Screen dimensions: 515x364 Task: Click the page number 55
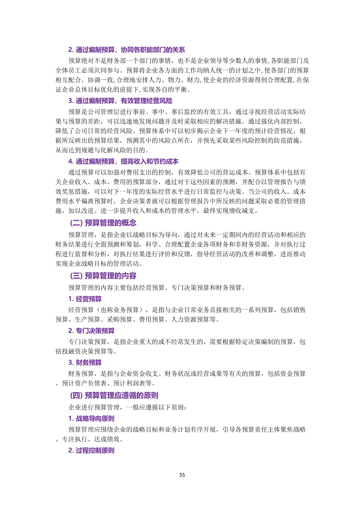tap(182, 475)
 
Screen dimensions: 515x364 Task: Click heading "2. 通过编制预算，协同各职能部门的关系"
tap(127, 50)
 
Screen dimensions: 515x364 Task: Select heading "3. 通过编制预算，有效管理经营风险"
tap(120, 101)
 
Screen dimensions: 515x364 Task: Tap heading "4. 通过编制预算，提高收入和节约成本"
tap(123, 161)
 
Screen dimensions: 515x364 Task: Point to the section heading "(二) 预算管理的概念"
tap(103, 223)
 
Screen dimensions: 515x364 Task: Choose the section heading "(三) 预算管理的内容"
tap(103, 276)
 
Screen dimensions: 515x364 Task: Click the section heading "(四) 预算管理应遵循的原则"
tap(114, 395)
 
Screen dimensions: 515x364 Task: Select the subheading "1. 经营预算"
tap(85, 299)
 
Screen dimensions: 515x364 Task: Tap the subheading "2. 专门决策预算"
tap(91, 331)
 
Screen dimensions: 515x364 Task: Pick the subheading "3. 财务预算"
tap(85, 363)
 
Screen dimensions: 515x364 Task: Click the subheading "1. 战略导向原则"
tap(91, 419)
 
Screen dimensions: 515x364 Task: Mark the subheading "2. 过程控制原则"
tap(91, 450)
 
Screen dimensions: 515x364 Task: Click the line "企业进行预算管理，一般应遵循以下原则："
tap(127, 407)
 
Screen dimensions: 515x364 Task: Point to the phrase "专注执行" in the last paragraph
tap(75, 439)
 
